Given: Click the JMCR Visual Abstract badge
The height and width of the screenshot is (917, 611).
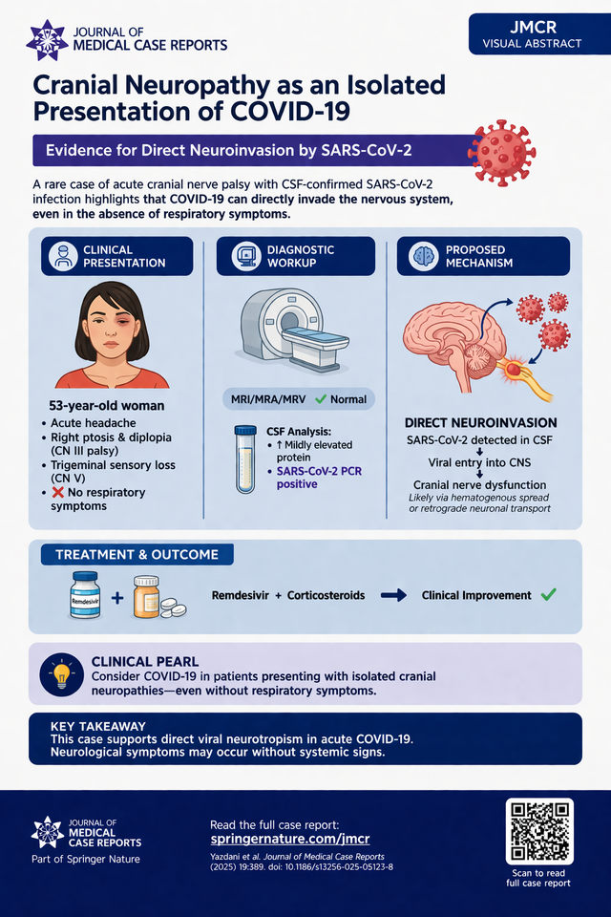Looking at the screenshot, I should pyautogui.click(x=533, y=33).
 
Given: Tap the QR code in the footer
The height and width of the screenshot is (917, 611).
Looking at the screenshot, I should pyautogui.click(x=539, y=831).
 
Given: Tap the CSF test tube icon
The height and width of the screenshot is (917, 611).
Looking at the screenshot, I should pyautogui.click(x=244, y=459).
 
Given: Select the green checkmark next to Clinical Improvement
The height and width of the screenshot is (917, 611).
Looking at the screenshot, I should pyautogui.click(x=548, y=594).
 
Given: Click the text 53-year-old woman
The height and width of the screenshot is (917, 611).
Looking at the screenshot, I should pyautogui.click(x=107, y=405).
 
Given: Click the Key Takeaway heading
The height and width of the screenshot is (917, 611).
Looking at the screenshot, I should pyautogui.click(x=98, y=726).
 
